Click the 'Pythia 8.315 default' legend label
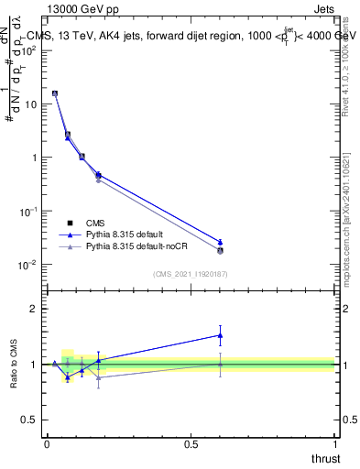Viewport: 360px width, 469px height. coord(125,234)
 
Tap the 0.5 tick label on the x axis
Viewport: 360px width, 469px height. coord(191,444)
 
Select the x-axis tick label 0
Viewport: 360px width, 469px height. coord(47,444)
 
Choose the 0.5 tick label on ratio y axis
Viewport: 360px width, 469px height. coord(31,420)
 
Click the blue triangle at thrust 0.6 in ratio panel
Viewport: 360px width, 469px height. coord(220,335)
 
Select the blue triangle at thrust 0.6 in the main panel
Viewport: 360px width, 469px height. coord(220,242)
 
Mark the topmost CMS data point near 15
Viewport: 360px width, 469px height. coord(55,93)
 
